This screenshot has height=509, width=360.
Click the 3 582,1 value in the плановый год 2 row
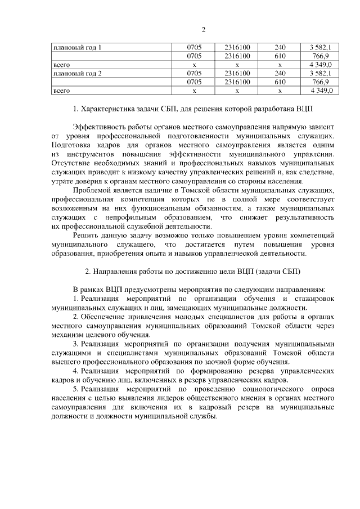[x=319, y=73]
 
